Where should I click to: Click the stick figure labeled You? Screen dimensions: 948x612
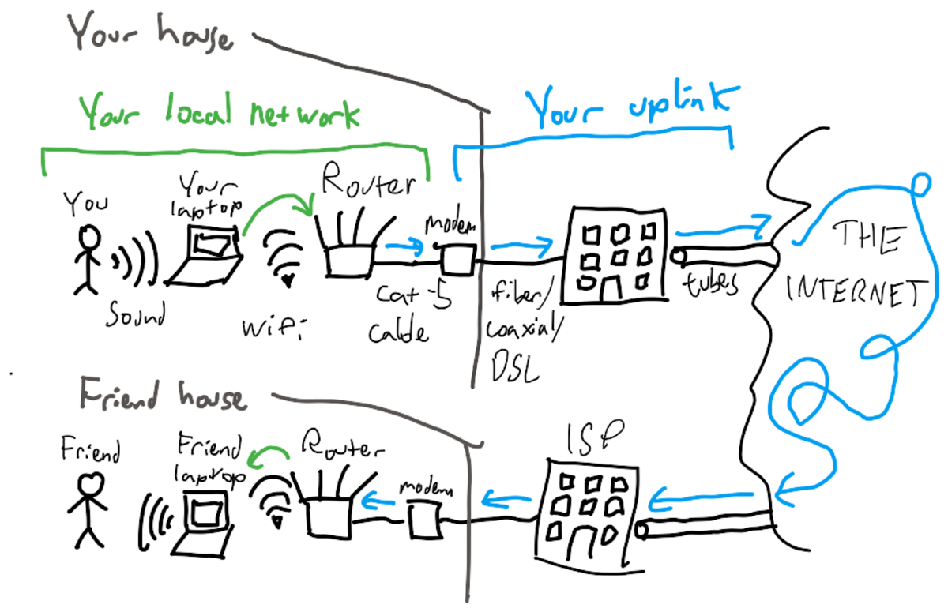(x=88, y=259)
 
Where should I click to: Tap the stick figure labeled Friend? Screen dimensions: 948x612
(x=88, y=509)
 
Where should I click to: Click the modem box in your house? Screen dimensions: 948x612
(x=458, y=260)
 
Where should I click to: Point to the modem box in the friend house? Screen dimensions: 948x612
(x=425, y=520)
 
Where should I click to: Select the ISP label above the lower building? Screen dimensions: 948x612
(x=594, y=437)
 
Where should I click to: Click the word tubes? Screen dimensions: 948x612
(x=710, y=283)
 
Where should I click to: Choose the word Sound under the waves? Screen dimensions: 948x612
(x=135, y=314)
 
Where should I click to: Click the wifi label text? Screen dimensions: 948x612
(x=273, y=329)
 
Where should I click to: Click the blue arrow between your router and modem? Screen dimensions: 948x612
(x=404, y=246)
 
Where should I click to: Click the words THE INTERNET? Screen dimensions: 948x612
(x=854, y=264)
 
